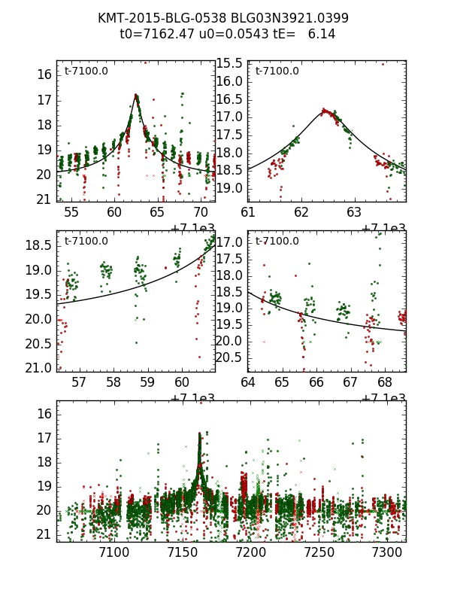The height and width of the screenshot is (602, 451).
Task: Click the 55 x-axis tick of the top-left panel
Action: click(71, 213)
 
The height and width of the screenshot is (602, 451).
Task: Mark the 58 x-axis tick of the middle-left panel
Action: click(114, 382)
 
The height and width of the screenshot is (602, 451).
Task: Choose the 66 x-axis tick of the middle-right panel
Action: click(316, 382)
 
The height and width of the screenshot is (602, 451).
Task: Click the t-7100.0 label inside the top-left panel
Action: click(86, 71)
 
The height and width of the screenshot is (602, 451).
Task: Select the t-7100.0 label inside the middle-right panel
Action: click(277, 241)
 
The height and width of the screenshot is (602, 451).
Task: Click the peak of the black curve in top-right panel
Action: click(325, 111)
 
